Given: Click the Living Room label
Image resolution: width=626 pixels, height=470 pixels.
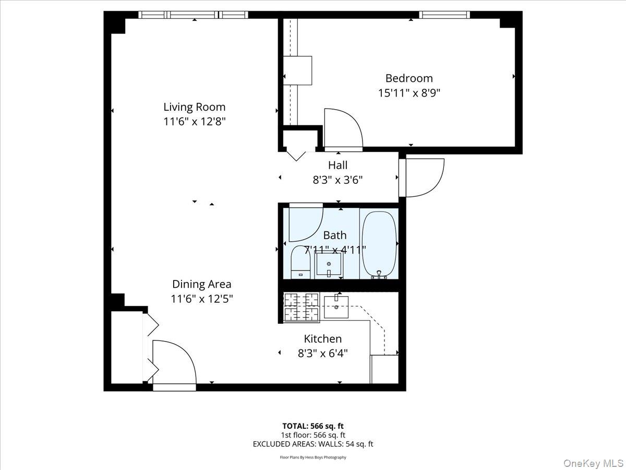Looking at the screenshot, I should (195, 107).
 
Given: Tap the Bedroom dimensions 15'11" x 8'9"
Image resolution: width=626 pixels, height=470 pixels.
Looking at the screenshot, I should (409, 93).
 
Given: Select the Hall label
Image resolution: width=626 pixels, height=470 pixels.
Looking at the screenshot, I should (338, 165).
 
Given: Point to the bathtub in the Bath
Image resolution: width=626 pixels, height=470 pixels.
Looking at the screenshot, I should (379, 244).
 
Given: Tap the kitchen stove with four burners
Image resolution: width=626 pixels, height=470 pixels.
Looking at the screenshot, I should (301, 307).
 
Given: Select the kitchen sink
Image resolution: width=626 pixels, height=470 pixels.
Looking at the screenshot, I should (337, 306).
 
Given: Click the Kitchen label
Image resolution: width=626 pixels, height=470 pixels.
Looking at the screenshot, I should (322, 339).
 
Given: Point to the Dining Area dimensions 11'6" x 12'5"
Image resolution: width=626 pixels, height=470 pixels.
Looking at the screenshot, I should (202, 299).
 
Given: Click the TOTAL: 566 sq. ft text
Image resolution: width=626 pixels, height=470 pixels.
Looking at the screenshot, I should (313, 426).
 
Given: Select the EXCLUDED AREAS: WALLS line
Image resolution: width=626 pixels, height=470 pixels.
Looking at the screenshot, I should (313, 444).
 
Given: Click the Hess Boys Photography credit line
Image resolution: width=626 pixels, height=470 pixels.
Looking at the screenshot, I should (313, 457).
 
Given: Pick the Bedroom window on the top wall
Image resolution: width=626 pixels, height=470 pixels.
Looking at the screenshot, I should (445, 15).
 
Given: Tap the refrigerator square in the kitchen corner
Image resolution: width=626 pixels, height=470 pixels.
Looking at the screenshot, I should (384, 369).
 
